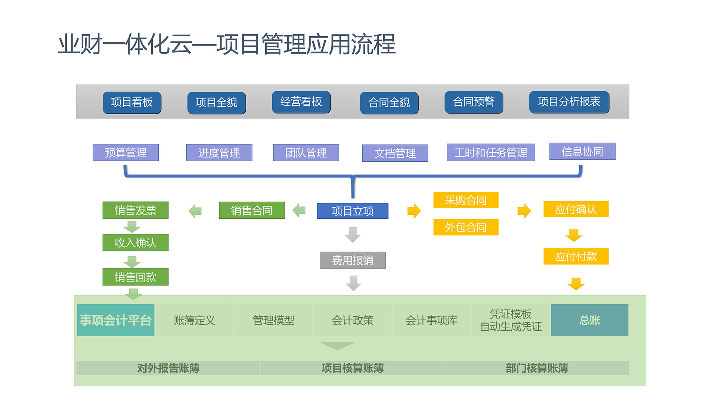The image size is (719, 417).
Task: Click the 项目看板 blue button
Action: coord(132,102)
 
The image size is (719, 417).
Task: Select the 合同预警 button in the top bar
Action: coord(474,102)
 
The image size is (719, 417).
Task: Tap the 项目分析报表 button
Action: coord(569,102)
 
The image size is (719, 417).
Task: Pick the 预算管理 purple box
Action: coord(126,153)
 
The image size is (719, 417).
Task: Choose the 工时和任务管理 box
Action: coord(491,153)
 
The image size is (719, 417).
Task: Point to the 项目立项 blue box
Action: coord(353,211)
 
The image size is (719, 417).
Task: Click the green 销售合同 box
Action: coord(252,211)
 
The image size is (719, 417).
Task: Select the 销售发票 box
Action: coord(136,211)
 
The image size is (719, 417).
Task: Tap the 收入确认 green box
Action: coord(136,243)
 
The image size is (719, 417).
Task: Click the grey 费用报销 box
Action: coord(353,260)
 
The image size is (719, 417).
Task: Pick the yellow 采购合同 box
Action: coord(466,200)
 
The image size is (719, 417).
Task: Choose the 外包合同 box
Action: coord(466,227)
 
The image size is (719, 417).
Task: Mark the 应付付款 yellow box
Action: coord(576,256)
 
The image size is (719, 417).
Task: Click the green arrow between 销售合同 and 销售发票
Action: coord(195,211)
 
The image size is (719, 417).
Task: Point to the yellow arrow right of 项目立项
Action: coord(414,211)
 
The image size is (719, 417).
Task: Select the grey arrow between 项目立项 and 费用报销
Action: coord(353,235)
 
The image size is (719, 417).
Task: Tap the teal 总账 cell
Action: coord(589,320)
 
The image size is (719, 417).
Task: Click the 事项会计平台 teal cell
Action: coord(116,320)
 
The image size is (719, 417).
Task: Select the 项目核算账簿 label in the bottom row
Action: coord(353,368)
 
